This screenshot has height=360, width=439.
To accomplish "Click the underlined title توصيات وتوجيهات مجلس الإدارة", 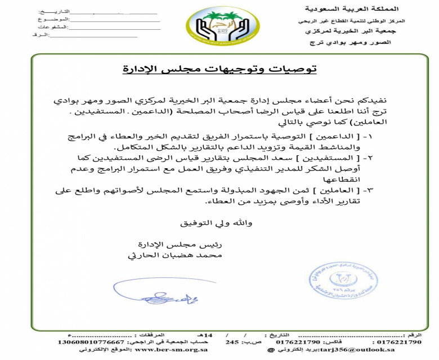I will pyautogui.click(x=219, y=69).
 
